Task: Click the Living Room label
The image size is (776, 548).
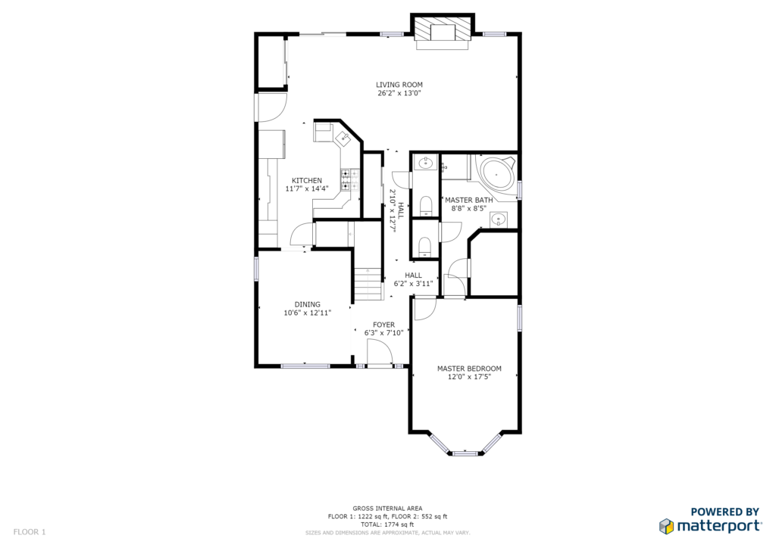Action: tap(399, 85)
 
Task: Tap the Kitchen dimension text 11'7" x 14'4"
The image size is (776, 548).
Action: tap(307, 188)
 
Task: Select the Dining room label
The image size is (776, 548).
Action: tap(308, 304)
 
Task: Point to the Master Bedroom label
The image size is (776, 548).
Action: tap(469, 369)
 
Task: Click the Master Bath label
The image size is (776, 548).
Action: tap(468, 200)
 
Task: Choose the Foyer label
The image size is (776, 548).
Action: tap(383, 325)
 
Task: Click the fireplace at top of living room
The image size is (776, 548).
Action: tap(443, 32)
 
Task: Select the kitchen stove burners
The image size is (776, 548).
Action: tap(350, 180)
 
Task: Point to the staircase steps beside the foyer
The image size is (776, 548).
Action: tap(368, 283)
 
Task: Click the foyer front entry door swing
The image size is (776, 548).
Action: tap(380, 353)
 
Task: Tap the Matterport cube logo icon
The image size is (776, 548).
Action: tap(666, 526)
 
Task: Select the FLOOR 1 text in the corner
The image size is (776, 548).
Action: tap(30, 532)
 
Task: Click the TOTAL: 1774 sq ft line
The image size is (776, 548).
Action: tap(387, 525)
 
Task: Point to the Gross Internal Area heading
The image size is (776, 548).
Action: tap(387, 509)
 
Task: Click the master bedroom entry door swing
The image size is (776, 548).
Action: tap(424, 309)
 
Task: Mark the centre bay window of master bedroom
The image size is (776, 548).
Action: tap(465, 453)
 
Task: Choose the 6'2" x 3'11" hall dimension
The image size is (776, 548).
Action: tap(413, 284)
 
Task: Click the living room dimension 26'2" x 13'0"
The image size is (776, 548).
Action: tap(399, 93)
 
